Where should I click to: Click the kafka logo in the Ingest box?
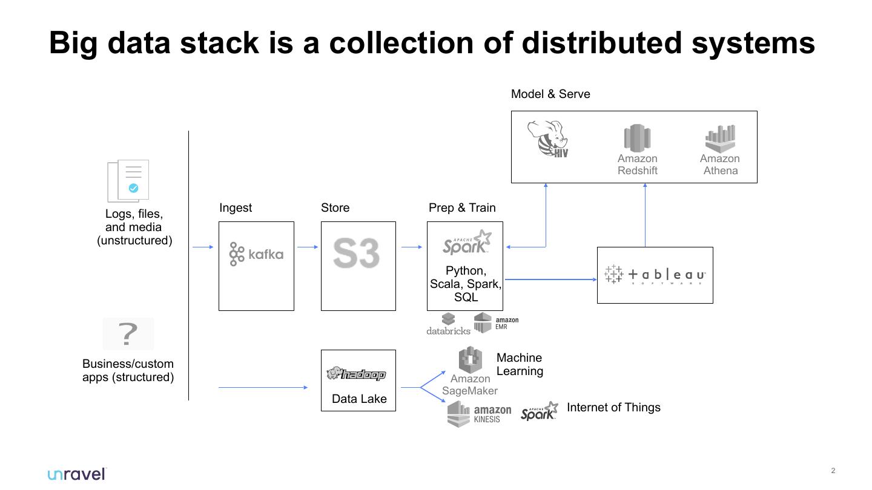pos(256,254)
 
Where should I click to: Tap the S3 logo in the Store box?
pos(356,253)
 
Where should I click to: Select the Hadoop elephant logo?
pos(356,374)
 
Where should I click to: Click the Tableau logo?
pos(655,275)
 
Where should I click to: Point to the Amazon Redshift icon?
pos(637,139)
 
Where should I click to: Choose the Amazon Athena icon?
pos(720,139)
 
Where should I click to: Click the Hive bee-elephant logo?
pos(548,139)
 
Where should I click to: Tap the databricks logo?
pos(448,324)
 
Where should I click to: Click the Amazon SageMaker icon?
pos(470,360)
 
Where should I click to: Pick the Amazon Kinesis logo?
pos(479,414)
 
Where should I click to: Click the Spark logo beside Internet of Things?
pos(539,411)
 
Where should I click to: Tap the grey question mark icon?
pos(128,334)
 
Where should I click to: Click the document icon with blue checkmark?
pos(128,180)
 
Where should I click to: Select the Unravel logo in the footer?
pos(77,474)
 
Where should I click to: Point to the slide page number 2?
pos(833,471)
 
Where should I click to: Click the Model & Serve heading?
pos(550,94)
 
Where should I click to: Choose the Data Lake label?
pos(359,399)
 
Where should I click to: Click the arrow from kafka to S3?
pos(308,247)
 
